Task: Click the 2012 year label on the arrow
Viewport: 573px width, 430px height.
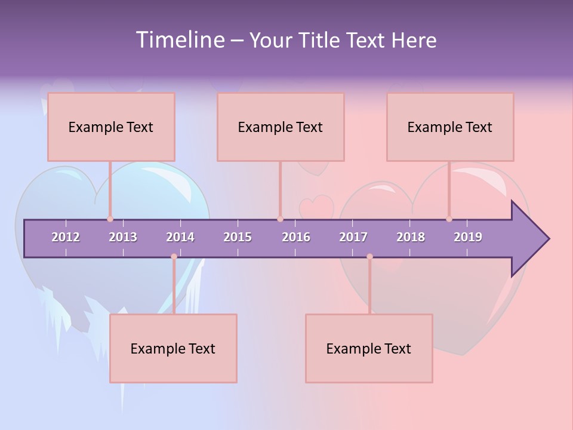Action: coord(66,237)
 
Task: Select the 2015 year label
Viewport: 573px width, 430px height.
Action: coord(238,237)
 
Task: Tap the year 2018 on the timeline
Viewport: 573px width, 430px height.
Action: coord(411,237)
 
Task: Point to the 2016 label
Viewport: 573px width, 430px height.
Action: coord(296,237)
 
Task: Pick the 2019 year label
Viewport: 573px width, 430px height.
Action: coord(468,237)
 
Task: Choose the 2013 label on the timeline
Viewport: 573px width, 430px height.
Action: coord(123,237)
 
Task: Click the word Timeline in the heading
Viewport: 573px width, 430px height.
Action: coord(178,40)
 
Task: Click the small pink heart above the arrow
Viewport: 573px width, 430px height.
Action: coord(316,207)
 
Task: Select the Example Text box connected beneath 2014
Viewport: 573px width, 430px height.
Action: coord(173,348)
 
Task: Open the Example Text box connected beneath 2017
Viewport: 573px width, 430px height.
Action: coord(369,348)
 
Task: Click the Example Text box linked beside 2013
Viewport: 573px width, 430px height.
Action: coord(111,127)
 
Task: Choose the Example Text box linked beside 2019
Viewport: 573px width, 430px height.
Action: coord(450,127)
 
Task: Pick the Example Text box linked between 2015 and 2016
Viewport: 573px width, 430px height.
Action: coord(281,127)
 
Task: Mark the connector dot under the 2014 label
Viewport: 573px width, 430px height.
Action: coord(174,257)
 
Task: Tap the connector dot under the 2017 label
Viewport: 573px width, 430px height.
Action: coord(369,257)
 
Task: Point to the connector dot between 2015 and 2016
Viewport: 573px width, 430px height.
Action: coord(280,219)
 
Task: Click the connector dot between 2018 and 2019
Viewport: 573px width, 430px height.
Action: coord(449,219)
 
